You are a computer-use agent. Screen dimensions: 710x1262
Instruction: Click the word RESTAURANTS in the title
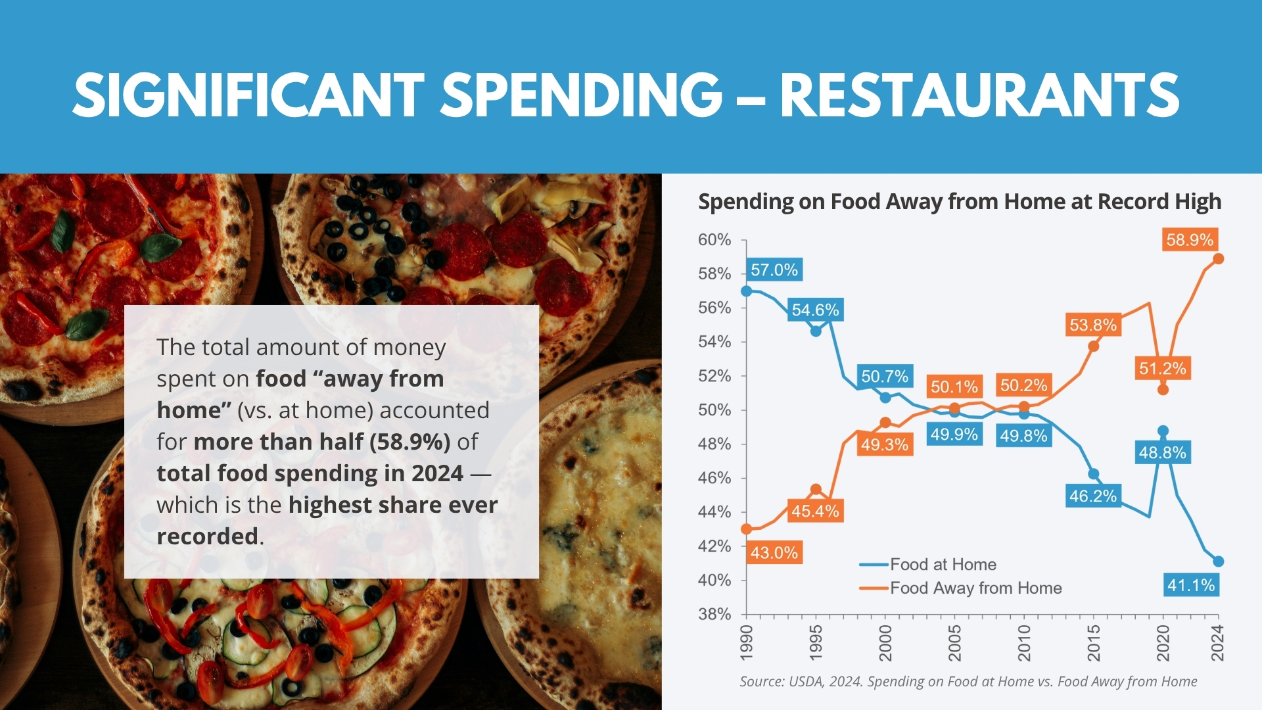click(979, 95)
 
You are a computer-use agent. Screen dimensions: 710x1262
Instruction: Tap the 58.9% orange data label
click(1190, 240)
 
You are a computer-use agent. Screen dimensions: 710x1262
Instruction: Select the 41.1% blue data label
click(1191, 585)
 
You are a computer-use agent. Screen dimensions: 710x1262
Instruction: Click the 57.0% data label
click(774, 270)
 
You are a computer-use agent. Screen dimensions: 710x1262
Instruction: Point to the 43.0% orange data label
click(774, 553)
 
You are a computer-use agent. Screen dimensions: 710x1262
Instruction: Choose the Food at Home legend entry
click(943, 564)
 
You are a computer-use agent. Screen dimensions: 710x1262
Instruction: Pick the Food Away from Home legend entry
click(975, 588)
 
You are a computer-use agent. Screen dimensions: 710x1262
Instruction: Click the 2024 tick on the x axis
click(1218, 642)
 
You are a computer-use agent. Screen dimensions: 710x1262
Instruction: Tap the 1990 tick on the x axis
click(747, 642)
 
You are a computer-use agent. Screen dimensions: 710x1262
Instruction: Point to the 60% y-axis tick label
click(714, 240)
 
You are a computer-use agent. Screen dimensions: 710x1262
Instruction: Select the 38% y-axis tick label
click(714, 614)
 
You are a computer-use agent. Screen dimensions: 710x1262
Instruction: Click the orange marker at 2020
click(1163, 390)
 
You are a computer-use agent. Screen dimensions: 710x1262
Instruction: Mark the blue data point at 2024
click(1218, 561)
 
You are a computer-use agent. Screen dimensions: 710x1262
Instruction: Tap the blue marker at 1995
click(816, 331)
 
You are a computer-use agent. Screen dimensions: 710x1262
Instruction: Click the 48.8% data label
click(1163, 452)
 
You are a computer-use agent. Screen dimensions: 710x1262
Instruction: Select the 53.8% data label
click(1093, 325)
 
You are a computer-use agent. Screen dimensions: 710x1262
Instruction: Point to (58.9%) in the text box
click(410, 442)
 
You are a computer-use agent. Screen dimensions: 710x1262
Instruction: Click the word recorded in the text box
click(208, 536)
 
